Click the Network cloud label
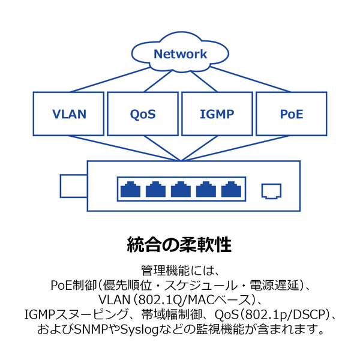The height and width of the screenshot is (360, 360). pyautogui.click(x=180, y=54)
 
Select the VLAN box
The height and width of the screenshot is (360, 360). pyautogui.click(x=70, y=113)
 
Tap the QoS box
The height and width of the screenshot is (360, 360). pyautogui.click(x=143, y=113)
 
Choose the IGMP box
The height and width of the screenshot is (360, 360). pyautogui.click(x=217, y=113)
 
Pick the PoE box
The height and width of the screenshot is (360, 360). pyautogui.click(x=291, y=113)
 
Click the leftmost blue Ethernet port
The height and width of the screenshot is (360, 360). pyautogui.click(x=130, y=190)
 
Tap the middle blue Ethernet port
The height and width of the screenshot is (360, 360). pyautogui.click(x=180, y=190)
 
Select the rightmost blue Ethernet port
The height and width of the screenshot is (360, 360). pyautogui.click(x=230, y=190)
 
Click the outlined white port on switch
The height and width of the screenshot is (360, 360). pyautogui.click(x=271, y=191)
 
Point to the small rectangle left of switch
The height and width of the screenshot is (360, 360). pyautogui.click(x=73, y=185)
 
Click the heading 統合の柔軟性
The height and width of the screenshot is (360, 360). pyautogui.click(x=179, y=244)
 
